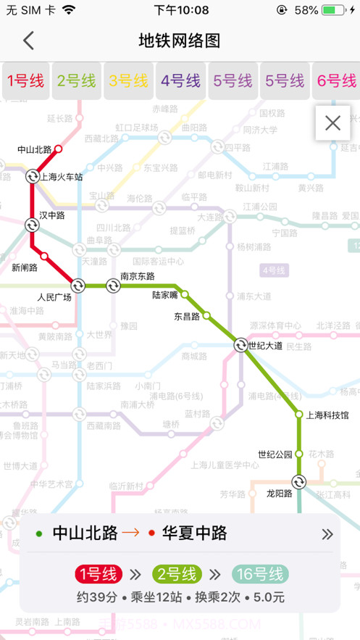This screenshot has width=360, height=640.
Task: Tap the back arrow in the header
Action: click(28, 41)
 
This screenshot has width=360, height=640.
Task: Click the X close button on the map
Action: click(332, 123)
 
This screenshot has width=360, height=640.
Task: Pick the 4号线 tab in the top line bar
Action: click(180, 80)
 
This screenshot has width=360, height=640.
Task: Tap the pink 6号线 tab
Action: click(337, 80)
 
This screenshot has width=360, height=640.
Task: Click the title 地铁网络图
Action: click(180, 41)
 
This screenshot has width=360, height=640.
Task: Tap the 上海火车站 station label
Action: click(62, 177)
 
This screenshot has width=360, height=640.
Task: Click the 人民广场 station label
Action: click(54, 297)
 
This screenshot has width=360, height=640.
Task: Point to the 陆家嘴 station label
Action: click(165, 295)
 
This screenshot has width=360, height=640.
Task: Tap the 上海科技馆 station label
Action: click(327, 415)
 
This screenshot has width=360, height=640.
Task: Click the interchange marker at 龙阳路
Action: click(298, 481)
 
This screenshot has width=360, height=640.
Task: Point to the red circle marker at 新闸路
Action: click(44, 256)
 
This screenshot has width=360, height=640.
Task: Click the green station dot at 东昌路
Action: click(206, 315)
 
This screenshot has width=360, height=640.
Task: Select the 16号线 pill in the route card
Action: click(260, 575)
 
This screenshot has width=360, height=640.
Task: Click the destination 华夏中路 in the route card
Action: click(193, 534)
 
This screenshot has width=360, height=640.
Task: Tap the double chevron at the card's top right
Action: click(327, 534)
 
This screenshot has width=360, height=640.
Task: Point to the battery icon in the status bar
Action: click(332, 10)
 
